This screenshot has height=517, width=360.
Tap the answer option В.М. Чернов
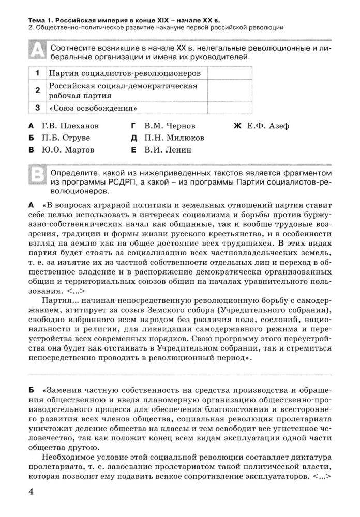163,126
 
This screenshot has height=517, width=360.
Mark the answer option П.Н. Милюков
168,138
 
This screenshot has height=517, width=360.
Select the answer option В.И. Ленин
161,150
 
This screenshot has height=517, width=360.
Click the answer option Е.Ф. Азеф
262,126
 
